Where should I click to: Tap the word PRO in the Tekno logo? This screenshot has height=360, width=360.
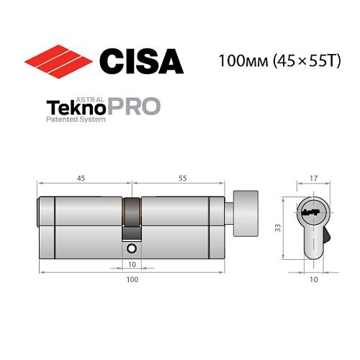coord(135,108)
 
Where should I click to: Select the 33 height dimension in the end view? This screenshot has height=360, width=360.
coord(279,227)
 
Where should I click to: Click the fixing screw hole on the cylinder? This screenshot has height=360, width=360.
coord(132,248)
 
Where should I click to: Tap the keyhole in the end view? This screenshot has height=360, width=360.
coord(312,213)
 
